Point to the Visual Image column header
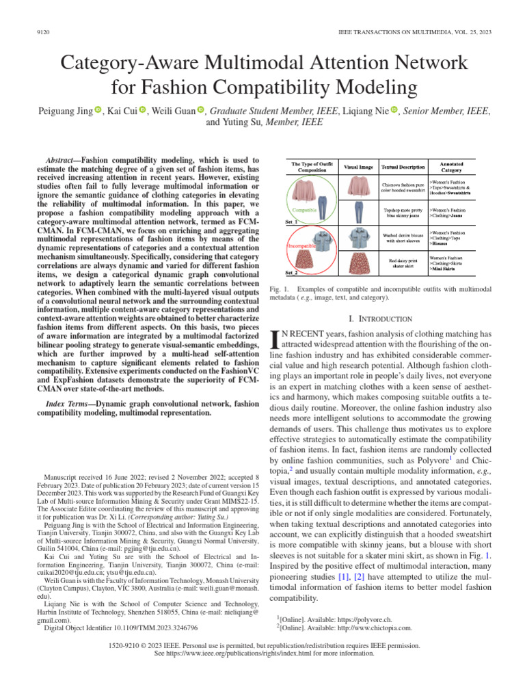coord(358,165)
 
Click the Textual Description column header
coord(400,165)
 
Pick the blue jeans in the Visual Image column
coord(358,211)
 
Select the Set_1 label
coord(292,222)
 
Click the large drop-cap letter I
coord(277,339)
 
